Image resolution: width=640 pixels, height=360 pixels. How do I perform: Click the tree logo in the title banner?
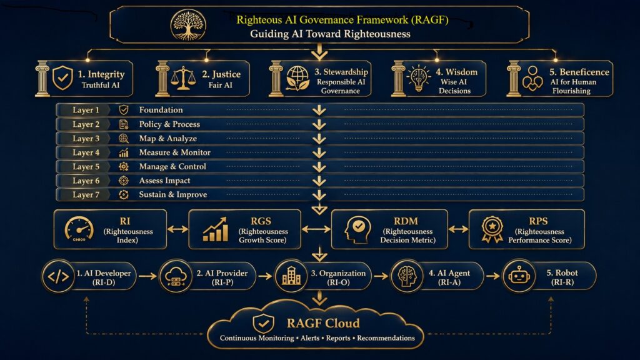[x=188, y=25]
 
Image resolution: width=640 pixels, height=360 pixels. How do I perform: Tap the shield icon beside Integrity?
[x=63, y=77]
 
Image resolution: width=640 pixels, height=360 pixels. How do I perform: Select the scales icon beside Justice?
[x=183, y=78]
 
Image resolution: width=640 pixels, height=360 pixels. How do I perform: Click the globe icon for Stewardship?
[x=297, y=78]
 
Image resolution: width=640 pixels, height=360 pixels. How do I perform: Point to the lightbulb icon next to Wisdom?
[x=418, y=77]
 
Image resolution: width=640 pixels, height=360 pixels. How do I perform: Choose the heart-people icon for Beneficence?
[x=532, y=78]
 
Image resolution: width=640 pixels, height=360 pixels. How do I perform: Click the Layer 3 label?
[x=86, y=138]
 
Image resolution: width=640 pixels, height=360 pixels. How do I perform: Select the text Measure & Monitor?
[x=175, y=152]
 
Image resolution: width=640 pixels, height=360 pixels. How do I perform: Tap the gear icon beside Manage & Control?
[x=123, y=166]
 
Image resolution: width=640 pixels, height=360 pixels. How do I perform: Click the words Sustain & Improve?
[x=172, y=195]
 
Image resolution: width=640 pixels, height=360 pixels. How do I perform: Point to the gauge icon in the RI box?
[x=79, y=229]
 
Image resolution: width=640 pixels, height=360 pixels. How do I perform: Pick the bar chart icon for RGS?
[x=216, y=229]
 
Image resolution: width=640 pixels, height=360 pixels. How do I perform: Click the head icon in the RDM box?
[x=357, y=229]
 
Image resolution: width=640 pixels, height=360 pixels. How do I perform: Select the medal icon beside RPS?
[x=492, y=229]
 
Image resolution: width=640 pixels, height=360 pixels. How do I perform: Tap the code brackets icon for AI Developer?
[x=58, y=277]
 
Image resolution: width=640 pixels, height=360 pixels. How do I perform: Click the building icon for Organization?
[x=291, y=276]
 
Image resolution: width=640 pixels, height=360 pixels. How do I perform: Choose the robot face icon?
[x=518, y=276]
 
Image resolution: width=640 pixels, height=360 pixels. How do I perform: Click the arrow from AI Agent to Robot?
[x=492, y=276]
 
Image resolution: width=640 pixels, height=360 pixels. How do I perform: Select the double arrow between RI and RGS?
[x=177, y=229]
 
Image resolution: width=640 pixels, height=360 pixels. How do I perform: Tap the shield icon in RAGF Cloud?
[x=263, y=324]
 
